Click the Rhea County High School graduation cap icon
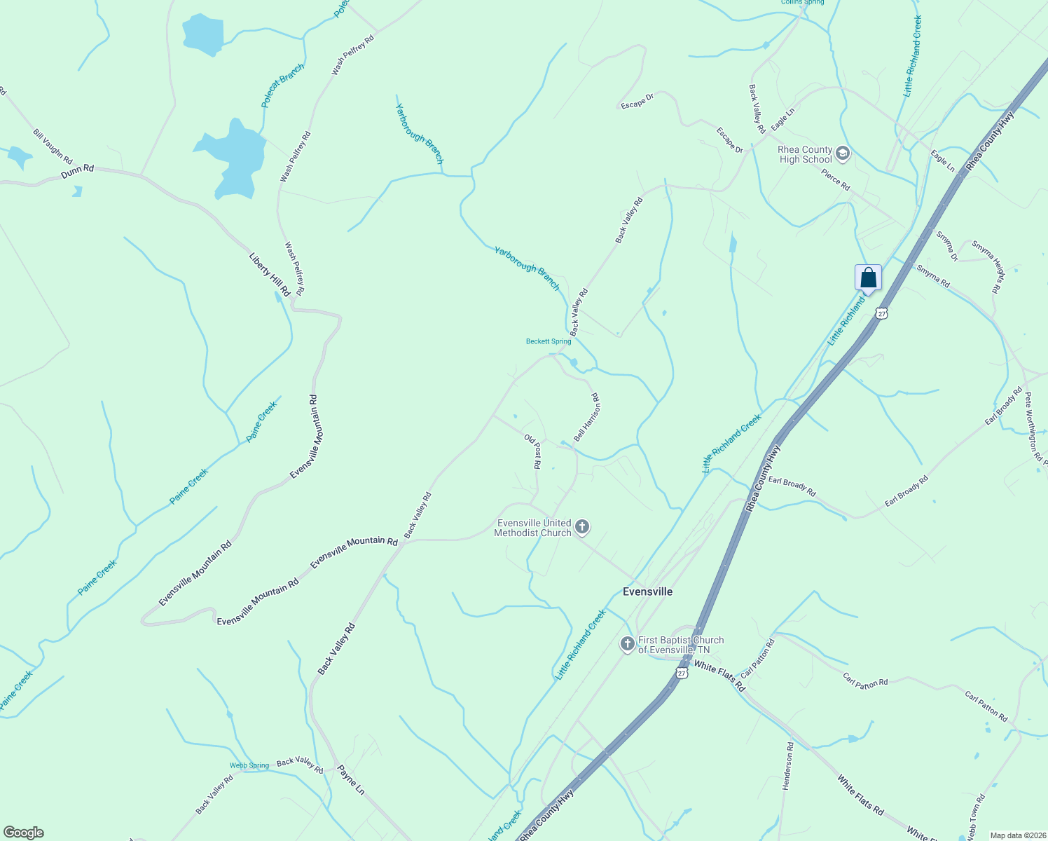click(843, 153)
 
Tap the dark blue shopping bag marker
click(868, 278)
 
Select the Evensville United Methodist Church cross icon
click(581, 527)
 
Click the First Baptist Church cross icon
click(628, 644)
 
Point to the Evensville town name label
click(647, 592)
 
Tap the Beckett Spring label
click(549, 342)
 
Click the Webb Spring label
click(249, 765)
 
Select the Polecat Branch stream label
click(283, 86)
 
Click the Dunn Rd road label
click(77, 171)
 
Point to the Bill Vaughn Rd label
click(53, 146)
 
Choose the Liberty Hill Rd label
click(270, 274)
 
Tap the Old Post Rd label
click(533, 451)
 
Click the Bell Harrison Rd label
click(587, 417)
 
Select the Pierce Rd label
click(836, 180)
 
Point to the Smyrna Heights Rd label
click(988, 266)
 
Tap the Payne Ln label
click(351, 779)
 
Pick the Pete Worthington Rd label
click(1033, 428)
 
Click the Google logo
click(23, 833)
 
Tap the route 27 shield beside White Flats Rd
click(682, 673)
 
